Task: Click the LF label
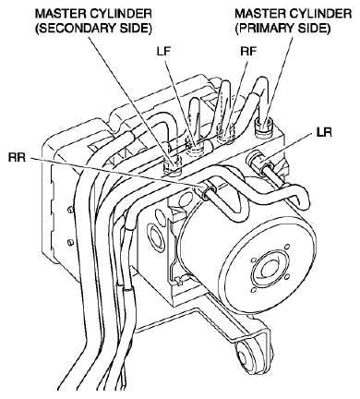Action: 163,52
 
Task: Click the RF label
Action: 248,52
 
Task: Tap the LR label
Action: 324,132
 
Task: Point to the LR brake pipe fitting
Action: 258,163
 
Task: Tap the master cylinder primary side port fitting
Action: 265,127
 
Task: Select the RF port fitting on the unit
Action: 226,133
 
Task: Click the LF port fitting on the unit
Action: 195,147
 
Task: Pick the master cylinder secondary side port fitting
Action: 172,165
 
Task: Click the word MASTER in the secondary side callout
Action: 59,14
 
